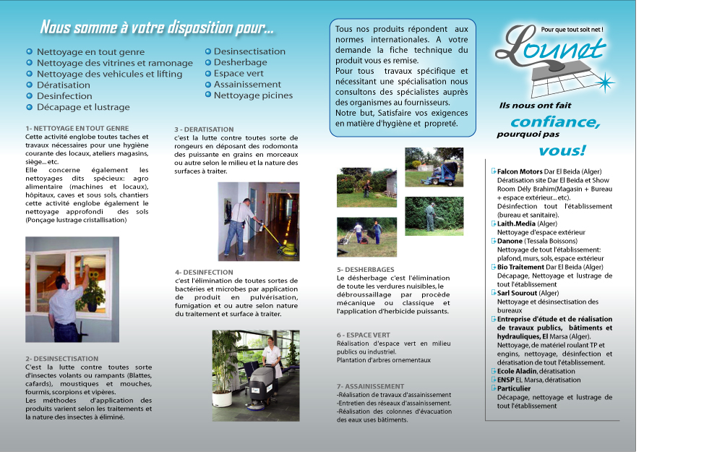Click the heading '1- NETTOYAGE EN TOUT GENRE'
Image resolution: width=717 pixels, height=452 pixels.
[77, 128]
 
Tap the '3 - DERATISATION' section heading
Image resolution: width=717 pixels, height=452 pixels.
[204, 129]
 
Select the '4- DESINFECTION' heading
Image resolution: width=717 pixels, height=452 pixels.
[204, 272]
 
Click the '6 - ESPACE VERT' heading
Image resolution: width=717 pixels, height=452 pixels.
[364, 335]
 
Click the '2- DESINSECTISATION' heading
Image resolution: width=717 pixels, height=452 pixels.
[61, 359]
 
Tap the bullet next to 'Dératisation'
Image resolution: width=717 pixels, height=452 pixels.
[29, 85]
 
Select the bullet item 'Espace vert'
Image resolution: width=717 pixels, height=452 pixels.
[239, 74]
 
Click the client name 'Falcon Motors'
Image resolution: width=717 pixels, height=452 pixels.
[520, 171]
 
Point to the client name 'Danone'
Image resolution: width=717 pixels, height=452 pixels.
[510, 241]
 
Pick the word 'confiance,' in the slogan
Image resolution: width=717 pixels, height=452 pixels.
[555, 121]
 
